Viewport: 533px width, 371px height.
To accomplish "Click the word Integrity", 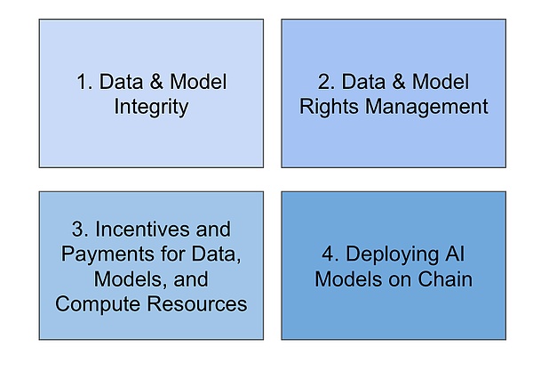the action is tap(151, 107).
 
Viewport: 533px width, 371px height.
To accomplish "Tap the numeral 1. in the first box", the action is tap(84, 82).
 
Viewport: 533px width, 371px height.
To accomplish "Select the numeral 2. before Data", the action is tap(327, 82).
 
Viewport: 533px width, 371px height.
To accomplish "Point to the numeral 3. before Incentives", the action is tap(80, 229).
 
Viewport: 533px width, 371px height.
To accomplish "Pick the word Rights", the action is tap(329, 107).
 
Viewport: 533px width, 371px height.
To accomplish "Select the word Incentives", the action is tap(142, 229).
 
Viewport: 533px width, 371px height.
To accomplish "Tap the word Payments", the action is tap(107, 254).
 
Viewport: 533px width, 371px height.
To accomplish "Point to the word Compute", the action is tap(98, 304).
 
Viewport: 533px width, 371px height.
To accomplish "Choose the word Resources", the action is tap(197, 304).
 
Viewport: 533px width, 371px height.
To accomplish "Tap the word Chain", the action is tap(445, 279).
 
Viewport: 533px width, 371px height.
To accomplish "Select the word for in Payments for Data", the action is tap(172, 254).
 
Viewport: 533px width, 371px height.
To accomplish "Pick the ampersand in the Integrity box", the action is tap(156, 82).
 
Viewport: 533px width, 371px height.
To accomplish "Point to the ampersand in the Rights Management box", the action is tap(398, 82).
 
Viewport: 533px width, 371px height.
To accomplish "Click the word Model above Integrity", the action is tap(198, 82).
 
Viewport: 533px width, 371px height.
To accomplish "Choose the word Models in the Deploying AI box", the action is tap(348, 279).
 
